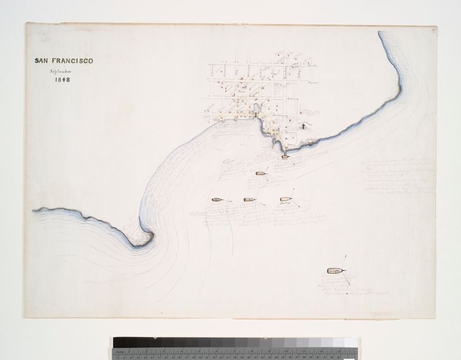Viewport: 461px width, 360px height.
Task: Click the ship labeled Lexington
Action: coord(335,270)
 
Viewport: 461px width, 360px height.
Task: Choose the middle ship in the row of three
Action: coord(249,200)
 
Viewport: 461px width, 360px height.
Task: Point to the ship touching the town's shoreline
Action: coord(285,155)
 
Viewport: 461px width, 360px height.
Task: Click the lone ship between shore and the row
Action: coord(261,172)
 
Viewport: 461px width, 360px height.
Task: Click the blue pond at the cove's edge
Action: coord(255,108)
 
